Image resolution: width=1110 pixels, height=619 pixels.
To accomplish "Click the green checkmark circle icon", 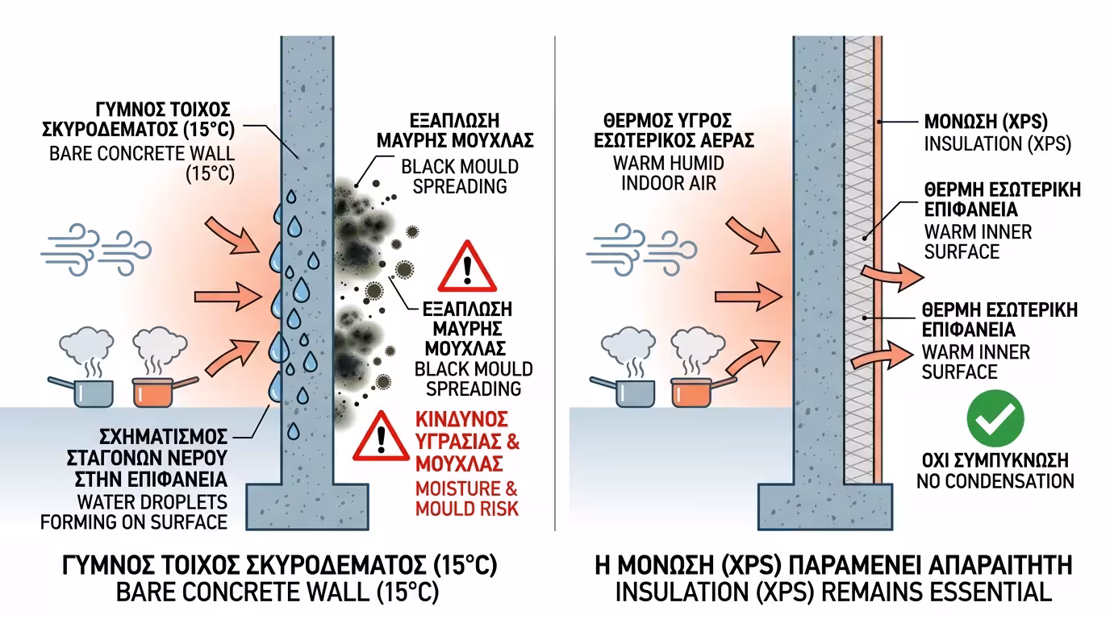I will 995,418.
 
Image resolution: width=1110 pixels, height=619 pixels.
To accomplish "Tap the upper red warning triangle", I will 467,268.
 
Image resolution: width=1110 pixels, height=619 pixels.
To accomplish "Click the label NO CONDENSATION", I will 995,482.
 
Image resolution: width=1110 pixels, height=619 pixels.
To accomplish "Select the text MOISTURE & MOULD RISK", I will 467,498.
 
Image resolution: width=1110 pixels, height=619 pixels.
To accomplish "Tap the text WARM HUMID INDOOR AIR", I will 669,173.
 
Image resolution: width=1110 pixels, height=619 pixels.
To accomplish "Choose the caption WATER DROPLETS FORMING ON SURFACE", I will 134,512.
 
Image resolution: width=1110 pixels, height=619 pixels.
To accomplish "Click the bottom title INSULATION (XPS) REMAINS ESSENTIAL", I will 833,592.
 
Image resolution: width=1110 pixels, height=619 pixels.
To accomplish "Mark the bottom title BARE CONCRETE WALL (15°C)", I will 278,592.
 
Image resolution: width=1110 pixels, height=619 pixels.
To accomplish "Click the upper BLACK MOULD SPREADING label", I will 455,177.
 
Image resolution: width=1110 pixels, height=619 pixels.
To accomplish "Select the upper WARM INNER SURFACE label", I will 977,242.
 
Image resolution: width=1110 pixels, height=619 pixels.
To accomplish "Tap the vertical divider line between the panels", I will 555,282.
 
